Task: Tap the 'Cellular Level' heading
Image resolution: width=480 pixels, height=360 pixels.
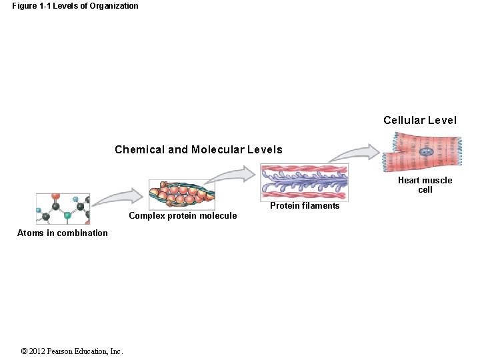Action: tap(420, 121)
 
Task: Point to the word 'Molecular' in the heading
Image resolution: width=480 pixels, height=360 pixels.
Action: tap(216, 149)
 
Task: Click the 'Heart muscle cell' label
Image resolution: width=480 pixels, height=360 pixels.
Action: tap(425, 185)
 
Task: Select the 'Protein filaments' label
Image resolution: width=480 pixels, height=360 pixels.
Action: tap(305, 205)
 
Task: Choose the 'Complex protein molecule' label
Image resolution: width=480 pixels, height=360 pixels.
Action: tap(183, 215)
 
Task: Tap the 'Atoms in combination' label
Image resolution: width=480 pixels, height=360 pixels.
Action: tap(62, 233)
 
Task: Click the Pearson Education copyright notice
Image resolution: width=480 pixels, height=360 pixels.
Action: tap(72, 351)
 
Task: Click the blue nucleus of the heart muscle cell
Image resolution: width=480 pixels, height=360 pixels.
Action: tap(427, 153)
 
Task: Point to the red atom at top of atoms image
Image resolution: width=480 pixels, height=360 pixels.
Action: tap(55, 197)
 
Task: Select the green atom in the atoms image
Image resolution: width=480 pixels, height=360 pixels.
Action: tap(67, 215)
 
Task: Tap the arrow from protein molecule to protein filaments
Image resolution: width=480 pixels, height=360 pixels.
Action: tap(230, 175)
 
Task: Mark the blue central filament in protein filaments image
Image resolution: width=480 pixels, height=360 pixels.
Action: tap(304, 180)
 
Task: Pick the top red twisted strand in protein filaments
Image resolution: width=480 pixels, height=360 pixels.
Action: tap(304, 169)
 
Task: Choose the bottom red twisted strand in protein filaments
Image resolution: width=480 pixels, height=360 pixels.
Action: tap(304, 195)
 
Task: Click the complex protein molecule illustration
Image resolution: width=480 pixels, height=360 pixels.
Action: tap(181, 194)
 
